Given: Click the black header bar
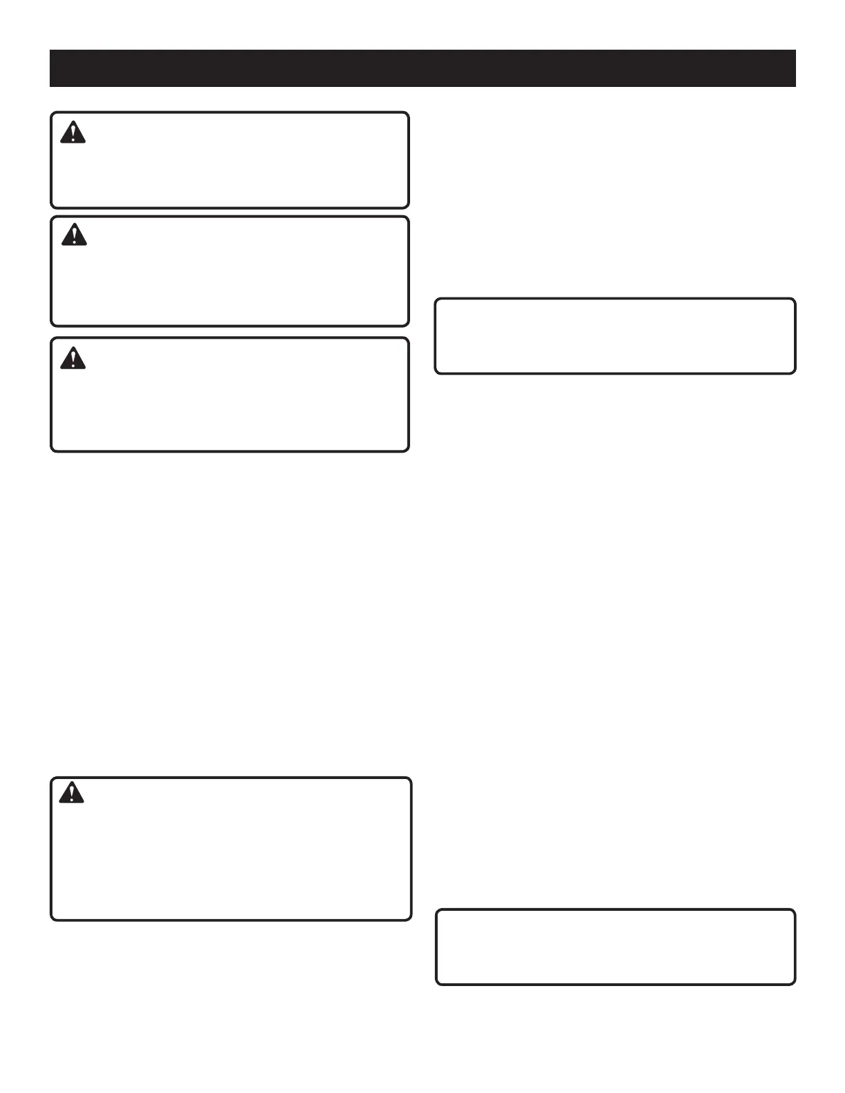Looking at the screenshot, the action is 422,68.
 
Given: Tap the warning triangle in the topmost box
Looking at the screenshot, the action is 72,132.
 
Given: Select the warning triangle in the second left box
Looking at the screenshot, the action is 74,235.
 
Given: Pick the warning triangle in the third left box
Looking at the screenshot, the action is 72,359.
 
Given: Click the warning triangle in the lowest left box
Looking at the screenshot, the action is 71,794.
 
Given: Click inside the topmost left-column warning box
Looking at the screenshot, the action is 230,160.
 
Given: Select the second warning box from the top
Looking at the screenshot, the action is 230,271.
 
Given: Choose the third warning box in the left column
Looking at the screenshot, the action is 230,395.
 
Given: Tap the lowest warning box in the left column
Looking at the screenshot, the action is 231,849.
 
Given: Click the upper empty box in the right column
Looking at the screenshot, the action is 615,336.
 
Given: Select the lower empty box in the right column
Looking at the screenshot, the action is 616,947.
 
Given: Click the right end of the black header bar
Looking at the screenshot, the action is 794,68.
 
